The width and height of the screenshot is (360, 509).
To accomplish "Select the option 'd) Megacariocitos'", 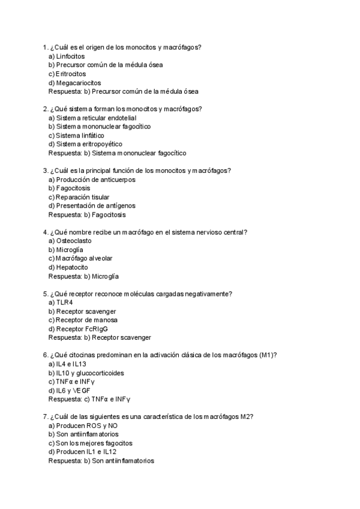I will coord(74,82).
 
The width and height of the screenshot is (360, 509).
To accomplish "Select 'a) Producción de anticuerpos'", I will coord(92,179).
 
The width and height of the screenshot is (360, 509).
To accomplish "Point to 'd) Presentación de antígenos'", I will coord(91,206).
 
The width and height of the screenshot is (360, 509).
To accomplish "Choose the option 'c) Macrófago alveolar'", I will coord(80,258).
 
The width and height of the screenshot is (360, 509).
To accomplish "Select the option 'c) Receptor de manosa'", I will coord(83,320).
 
